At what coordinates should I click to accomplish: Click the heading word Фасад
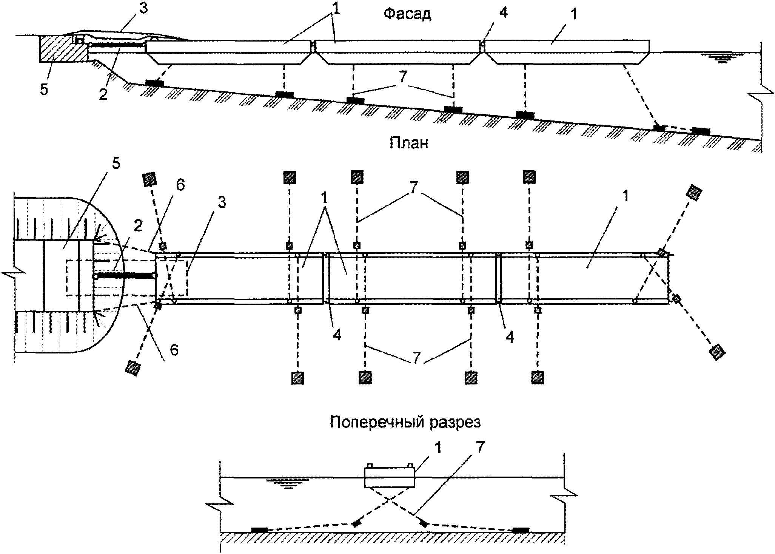tap(407, 14)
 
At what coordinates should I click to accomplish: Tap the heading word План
tap(409, 143)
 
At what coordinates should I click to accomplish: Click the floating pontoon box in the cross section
tap(389, 477)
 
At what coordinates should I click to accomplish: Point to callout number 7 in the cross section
tap(479, 448)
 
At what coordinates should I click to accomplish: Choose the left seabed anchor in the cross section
tap(259, 530)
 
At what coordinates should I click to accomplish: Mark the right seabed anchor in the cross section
tap(521, 530)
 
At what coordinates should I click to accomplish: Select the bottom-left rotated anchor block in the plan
tap(133, 367)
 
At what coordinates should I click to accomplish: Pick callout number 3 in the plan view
tap(222, 202)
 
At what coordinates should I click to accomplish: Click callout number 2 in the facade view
tap(103, 94)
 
